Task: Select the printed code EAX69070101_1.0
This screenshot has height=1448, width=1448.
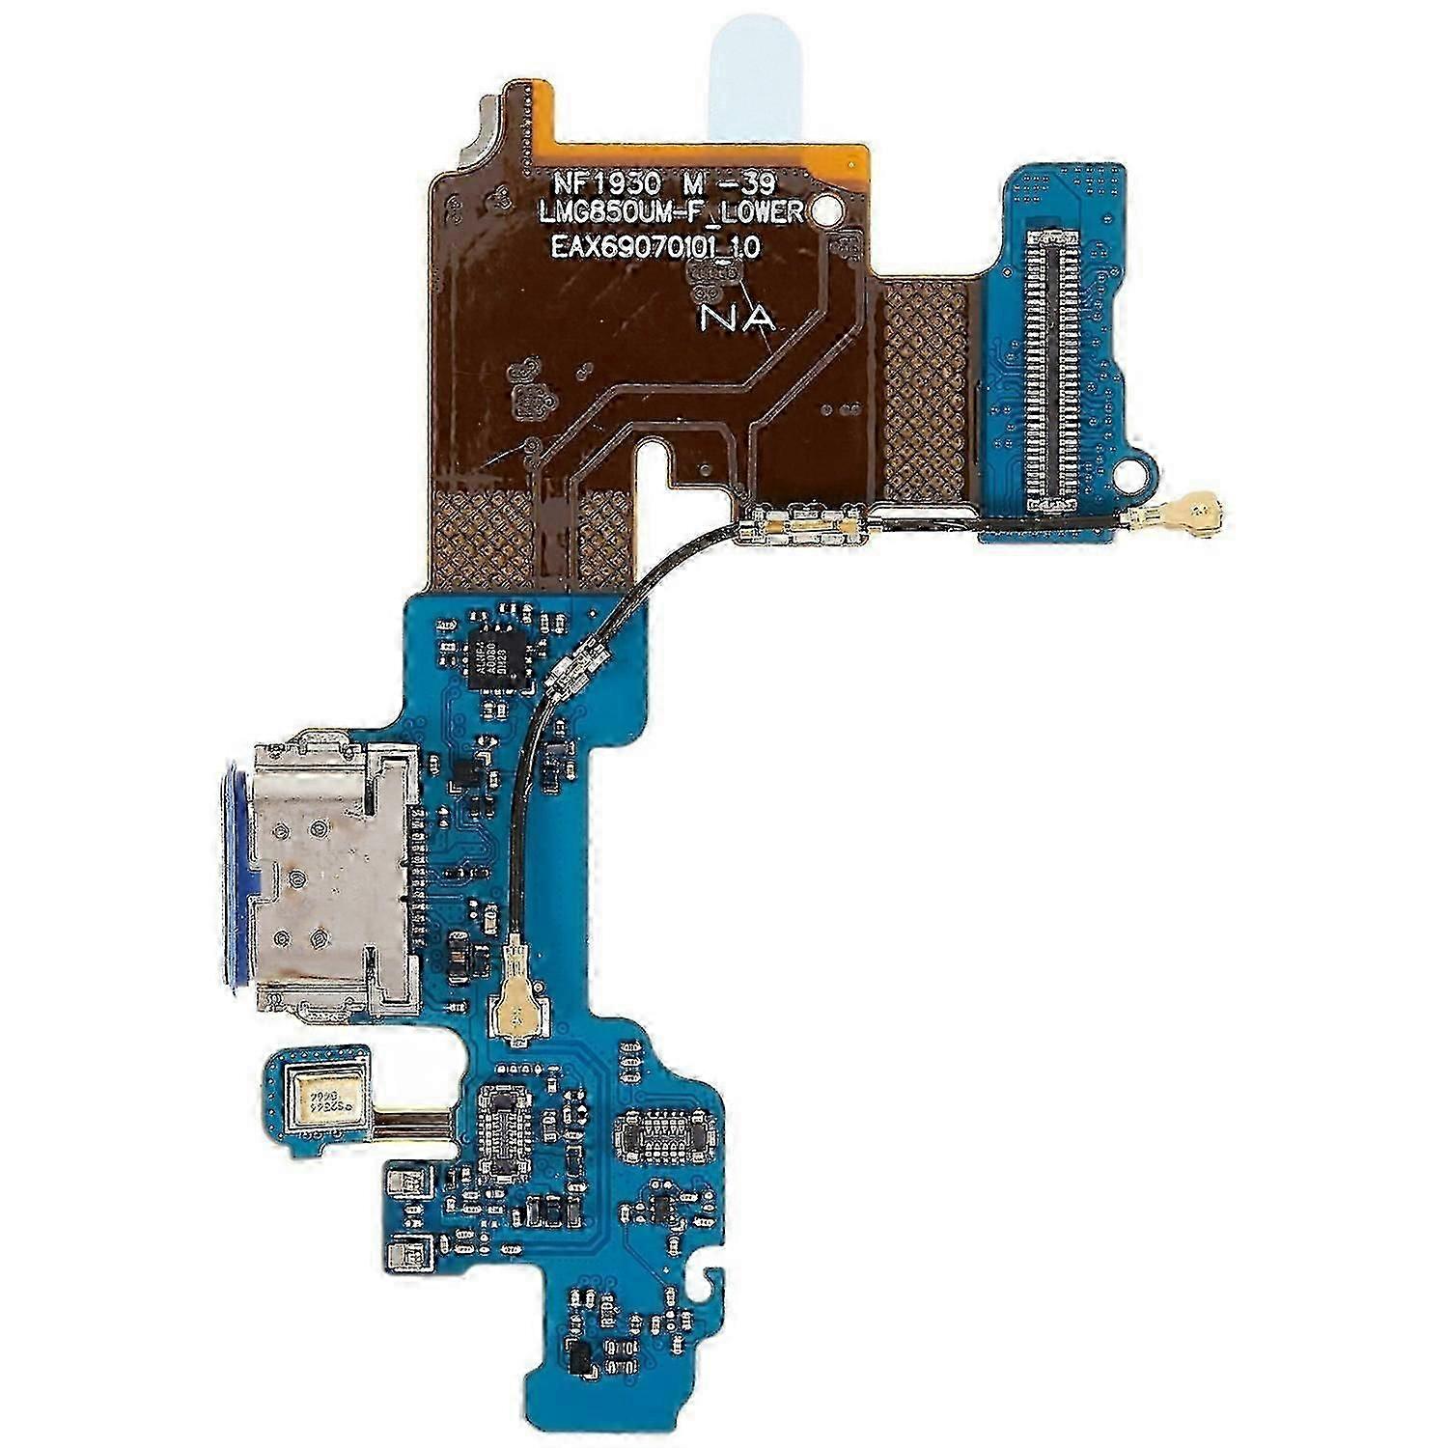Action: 655,247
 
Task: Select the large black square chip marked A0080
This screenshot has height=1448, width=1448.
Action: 496,657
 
